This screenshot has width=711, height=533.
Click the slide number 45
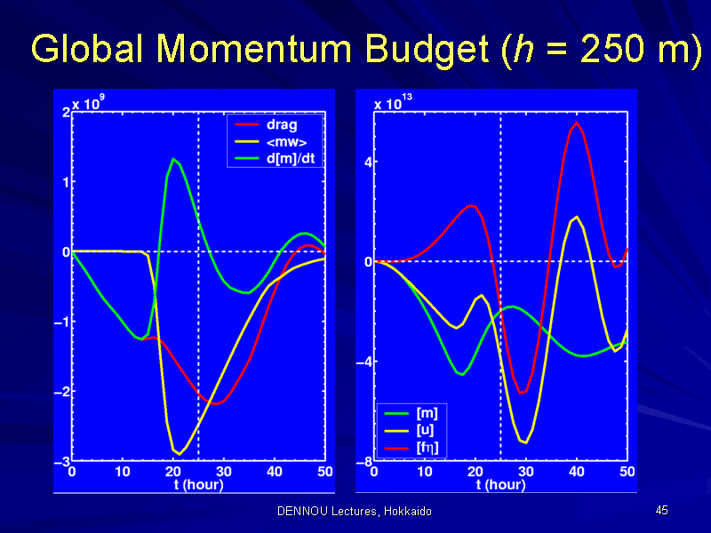[x=661, y=510]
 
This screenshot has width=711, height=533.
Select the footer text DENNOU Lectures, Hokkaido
[x=355, y=512]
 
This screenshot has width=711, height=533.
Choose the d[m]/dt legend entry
[x=275, y=159]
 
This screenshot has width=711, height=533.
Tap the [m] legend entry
[x=411, y=413]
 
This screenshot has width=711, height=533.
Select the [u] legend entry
[x=409, y=430]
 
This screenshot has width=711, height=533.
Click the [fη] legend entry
[x=411, y=449]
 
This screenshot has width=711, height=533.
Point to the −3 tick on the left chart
[x=62, y=461]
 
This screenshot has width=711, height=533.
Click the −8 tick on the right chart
[x=364, y=462]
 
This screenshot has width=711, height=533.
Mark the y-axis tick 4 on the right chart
[x=368, y=162]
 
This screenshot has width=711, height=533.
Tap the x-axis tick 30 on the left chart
[x=224, y=472]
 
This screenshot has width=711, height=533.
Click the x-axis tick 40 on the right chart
[x=577, y=472]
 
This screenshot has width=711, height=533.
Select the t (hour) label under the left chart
[x=198, y=485]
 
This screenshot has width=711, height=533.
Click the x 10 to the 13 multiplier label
[x=393, y=102]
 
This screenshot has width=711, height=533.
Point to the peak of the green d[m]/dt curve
[x=173, y=159]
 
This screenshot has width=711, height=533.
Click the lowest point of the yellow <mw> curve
[x=180, y=454]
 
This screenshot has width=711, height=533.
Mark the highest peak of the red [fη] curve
[x=577, y=122]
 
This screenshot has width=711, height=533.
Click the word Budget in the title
[x=427, y=50]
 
